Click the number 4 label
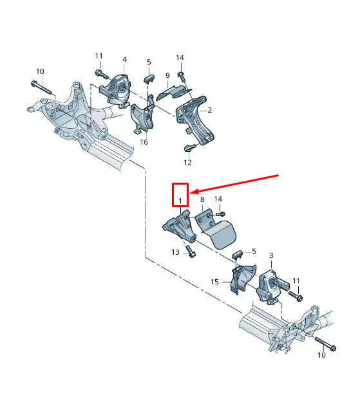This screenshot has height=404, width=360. point(124,60)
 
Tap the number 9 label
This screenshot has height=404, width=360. point(167,75)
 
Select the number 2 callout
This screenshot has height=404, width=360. point(210,110)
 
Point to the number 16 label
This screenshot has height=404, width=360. point(144,142)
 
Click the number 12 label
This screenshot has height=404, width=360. point(188,163)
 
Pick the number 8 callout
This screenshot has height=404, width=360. point(202,199)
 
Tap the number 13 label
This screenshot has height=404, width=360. point(175,252)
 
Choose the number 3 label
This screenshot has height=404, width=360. point(271,255)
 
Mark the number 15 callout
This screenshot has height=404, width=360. point(214,282)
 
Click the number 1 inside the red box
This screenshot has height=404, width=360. point(180,201)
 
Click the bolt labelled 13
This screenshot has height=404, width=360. point(191,252)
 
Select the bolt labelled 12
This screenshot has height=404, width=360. point(189,148)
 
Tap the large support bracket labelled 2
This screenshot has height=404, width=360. point(196,120)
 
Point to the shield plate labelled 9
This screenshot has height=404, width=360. point(175,92)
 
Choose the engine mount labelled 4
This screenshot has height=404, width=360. point(115,91)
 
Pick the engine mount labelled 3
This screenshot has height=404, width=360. point(273,286)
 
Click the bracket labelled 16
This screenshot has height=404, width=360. point(143,116)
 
